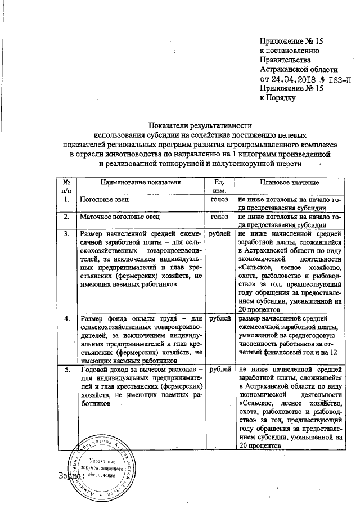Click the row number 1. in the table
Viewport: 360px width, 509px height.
tap(66, 200)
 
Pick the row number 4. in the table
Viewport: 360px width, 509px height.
tap(66, 319)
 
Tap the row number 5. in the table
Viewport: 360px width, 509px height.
tap(66, 370)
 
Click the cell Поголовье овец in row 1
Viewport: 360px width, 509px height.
tap(105, 200)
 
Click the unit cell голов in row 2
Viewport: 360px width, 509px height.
tap(219, 216)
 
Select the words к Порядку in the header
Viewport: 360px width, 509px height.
tap(277, 98)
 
